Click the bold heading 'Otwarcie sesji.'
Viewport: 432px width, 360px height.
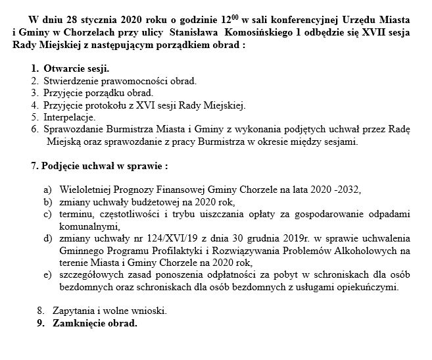point(76,69)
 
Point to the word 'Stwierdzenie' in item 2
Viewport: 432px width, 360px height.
point(70,81)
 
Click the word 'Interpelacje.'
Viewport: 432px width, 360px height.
point(69,117)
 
